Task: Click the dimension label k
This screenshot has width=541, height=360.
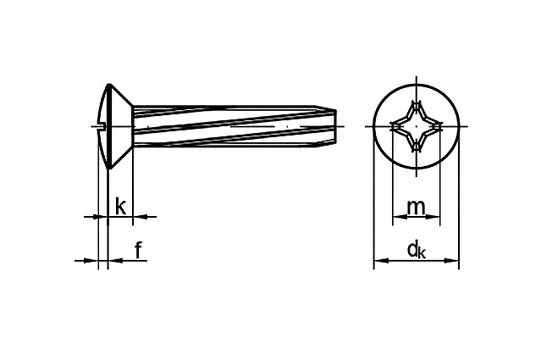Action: tap(120, 206)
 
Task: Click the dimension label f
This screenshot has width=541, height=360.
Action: tap(138, 250)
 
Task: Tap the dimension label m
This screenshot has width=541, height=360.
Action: tap(416, 208)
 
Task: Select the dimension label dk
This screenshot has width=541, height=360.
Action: tap(417, 250)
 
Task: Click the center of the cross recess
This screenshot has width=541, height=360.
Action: tap(417, 126)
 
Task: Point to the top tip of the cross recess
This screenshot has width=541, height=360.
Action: tap(417, 101)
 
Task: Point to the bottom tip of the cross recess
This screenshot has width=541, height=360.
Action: tap(417, 152)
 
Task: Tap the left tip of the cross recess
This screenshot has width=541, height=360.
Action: tap(392, 126)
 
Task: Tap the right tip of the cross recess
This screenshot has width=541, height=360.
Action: tap(442, 126)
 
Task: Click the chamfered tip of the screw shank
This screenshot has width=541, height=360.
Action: tap(327, 126)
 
